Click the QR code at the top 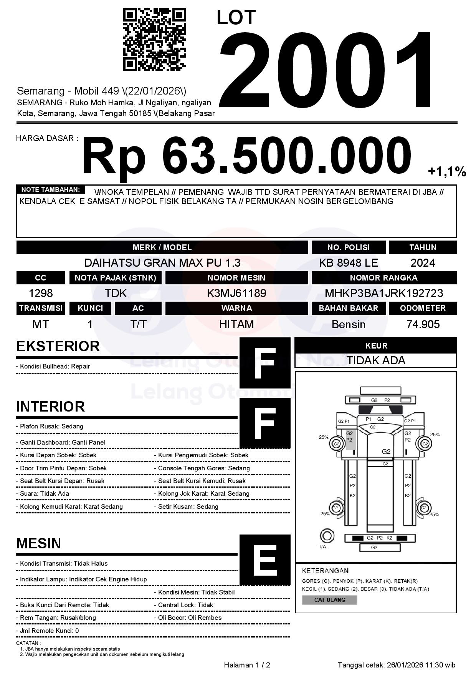[154, 40]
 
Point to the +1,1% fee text [447, 172]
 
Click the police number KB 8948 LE [348, 263]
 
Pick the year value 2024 [423, 263]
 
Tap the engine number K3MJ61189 [236, 294]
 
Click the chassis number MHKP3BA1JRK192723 [384, 294]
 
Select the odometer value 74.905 [423, 325]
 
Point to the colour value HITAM [236, 325]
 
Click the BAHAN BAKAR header [348, 308]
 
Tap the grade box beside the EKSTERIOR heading [265, 363]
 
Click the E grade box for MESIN [265, 559]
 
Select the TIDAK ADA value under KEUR [376, 360]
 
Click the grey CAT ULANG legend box [329, 600]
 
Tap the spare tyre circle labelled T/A [327, 536]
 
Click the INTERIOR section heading [50, 407]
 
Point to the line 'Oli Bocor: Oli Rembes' [190, 618]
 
